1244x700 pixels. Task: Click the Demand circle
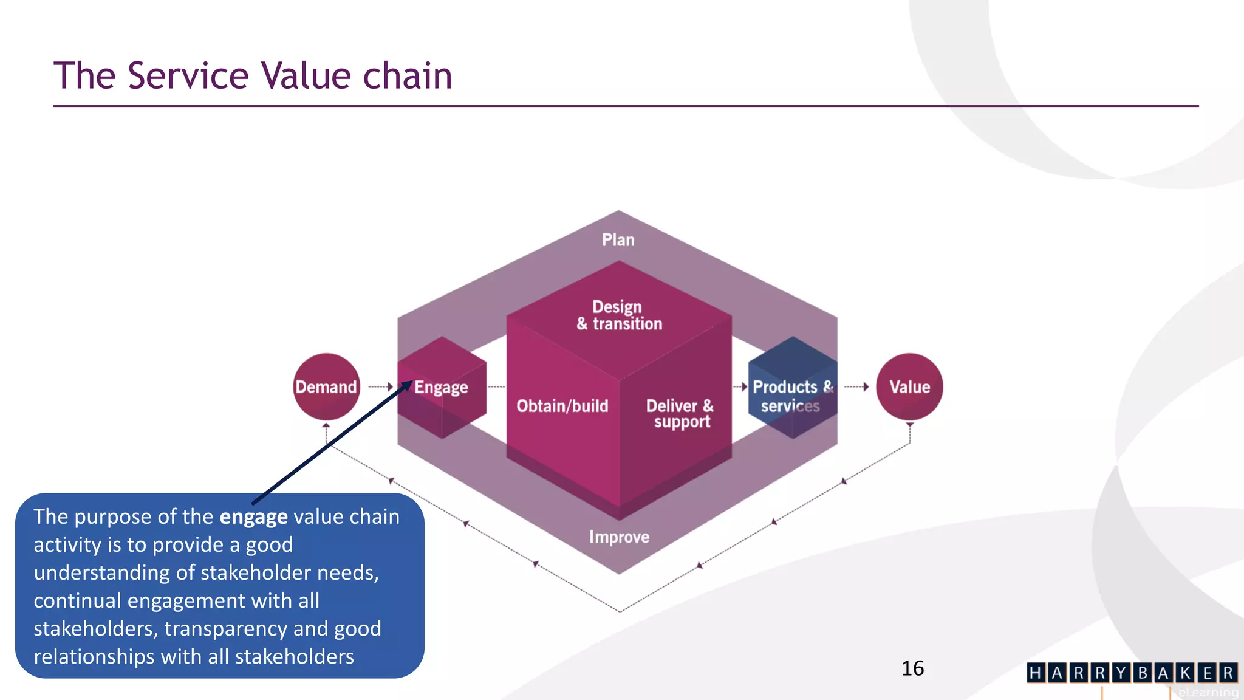point(326,386)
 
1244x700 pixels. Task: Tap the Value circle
point(909,386)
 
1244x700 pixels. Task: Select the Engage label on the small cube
point(441,387)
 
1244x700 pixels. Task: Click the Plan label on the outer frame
point(618,239)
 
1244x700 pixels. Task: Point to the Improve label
point(619,537)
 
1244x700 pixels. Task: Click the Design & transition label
point(619,315)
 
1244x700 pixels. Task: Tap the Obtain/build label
point(562,406)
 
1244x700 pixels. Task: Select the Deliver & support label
point(680,413)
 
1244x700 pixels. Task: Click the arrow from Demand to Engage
point(381,386)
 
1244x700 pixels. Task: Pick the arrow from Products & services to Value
point(856,386)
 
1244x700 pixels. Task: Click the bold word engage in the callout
point(253,516)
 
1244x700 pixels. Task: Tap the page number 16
point(912,668)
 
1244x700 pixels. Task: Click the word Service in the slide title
point(188,76)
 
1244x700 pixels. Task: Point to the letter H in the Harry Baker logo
point(1036,673)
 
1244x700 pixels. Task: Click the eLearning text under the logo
point(1208,692)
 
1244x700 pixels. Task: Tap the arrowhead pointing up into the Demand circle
point(326,425)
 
